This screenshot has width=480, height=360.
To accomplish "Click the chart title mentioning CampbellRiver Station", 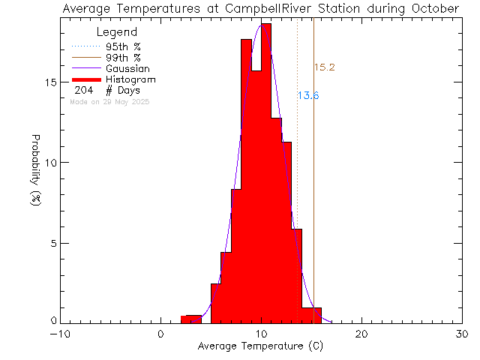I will point(261,8).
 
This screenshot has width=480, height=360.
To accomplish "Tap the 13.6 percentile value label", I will point(307,96).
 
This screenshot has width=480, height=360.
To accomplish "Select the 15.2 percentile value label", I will point(323,67).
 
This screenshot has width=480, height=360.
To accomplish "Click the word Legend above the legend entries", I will point(117,32).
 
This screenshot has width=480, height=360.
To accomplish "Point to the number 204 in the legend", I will point(85,90).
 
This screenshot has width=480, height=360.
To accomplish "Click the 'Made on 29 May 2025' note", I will point(109,101).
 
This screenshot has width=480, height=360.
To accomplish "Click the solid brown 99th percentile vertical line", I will point(313,187).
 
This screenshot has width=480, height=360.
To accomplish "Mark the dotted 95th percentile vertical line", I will point(298,187).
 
